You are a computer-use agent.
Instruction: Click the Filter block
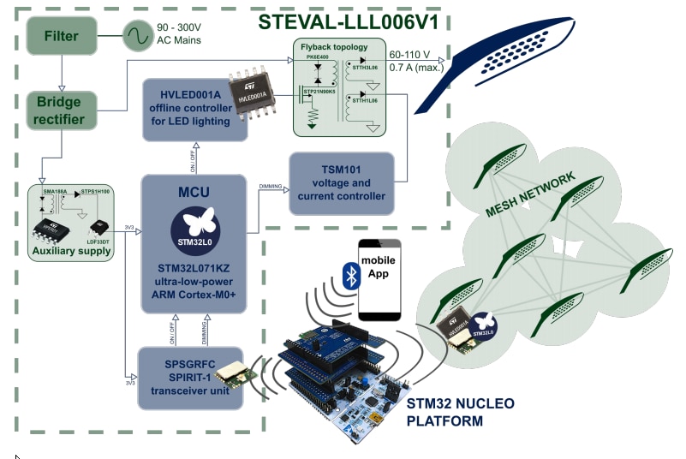click(61, 37)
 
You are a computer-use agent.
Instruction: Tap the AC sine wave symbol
click(136, 37)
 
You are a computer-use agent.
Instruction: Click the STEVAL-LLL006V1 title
click(343, 22)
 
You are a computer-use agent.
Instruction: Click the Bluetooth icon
click(349, 275)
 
